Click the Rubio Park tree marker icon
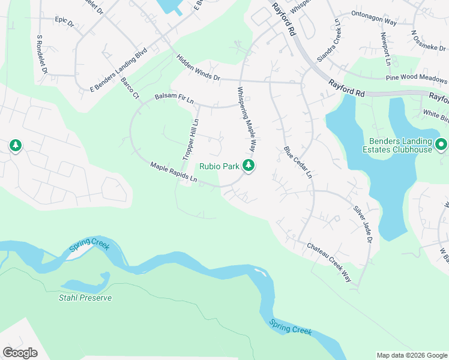point(248,166)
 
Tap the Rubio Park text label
point(220,166)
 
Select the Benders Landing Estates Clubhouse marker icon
point(441,145)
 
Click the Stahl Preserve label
point(85,298)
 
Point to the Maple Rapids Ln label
point(173,172)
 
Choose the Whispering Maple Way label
point(246,118)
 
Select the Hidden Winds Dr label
point(199,69)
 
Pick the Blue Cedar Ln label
point(298,163)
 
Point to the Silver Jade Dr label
point(363,223)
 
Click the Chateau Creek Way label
point(330,262)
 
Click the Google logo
point(20,353)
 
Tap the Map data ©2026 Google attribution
point(412,355)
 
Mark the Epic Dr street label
point(64,22)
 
